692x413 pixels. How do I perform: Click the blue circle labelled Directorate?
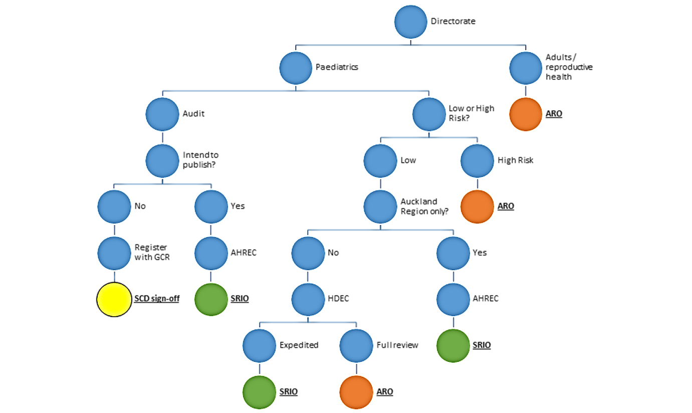411,22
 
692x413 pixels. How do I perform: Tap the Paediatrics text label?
337,67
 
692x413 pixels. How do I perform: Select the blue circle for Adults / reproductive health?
526,67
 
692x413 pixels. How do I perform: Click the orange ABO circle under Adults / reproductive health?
526,114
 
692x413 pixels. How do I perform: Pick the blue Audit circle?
162,114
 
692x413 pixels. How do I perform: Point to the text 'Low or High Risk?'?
471,113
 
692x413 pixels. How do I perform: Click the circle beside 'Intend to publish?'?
162,160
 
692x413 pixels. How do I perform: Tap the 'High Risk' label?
515,160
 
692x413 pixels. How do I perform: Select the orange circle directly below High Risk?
477,206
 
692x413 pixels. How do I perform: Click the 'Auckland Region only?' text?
423,206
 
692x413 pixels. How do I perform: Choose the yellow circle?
114,299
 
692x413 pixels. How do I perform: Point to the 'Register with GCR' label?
150,252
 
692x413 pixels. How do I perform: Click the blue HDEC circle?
308,299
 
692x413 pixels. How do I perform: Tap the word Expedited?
299,345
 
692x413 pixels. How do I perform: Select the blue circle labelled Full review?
356,345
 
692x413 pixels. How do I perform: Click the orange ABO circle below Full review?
356,392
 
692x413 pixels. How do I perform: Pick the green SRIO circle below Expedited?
259,392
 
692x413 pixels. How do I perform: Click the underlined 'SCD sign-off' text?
156,299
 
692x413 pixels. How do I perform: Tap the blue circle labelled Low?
380,160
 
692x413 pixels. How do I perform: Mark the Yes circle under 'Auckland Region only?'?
453,253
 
